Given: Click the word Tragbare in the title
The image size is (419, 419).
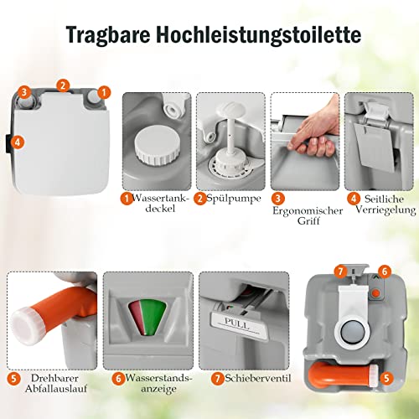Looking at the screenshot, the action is point(108,34).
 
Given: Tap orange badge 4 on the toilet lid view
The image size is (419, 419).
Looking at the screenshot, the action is point(18,142).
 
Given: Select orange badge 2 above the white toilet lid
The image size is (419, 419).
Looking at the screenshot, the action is point(64,85).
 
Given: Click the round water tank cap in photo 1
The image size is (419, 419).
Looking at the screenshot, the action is point(157,145).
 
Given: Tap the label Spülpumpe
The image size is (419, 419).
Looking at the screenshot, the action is point(234,199).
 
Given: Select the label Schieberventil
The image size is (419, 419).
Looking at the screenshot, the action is point(258,379).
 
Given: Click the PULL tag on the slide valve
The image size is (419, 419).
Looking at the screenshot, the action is point(237,323).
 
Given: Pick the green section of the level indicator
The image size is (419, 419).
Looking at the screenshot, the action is point(153,317).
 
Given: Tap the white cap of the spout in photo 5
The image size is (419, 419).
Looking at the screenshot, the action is point(26,325).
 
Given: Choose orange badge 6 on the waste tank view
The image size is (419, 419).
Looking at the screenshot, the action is point(385,271).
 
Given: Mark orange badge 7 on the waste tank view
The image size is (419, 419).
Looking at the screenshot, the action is point(340,271).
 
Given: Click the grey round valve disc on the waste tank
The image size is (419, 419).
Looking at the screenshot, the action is point(353,332).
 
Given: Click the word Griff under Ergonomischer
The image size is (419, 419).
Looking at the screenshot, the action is point(308,220).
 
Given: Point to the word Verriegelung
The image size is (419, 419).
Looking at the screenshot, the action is point(385,210).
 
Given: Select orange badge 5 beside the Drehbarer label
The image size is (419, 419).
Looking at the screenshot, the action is point(14,379).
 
